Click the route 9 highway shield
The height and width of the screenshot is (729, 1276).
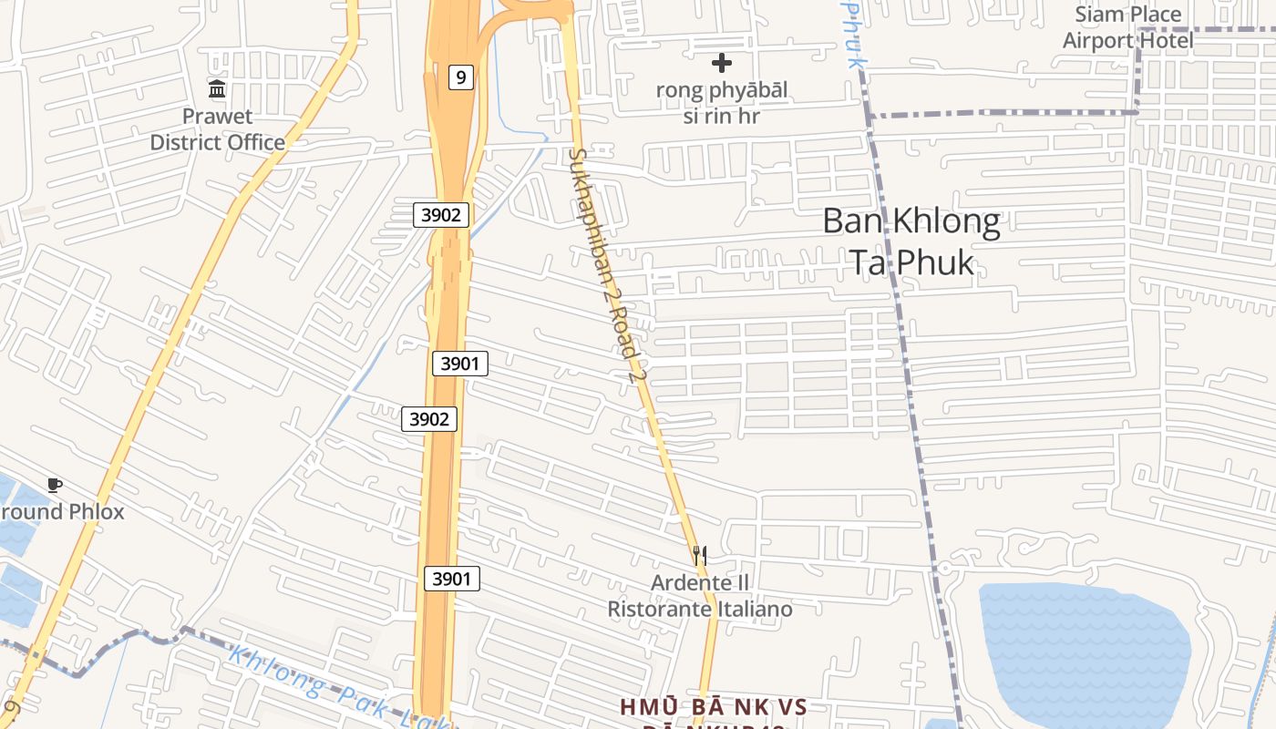pos(461,77)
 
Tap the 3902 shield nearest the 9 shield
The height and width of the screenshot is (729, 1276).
pos(441,215)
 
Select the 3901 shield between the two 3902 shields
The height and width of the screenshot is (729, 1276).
pos(459,364)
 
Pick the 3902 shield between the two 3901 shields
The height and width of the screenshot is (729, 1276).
pos(429,418)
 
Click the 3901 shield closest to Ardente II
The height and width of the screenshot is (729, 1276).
pos(451,578)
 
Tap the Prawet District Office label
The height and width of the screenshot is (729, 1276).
pos(217,129)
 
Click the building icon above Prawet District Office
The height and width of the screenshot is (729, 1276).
pos(217,89)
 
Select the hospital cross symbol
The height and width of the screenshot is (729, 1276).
pos(722,63)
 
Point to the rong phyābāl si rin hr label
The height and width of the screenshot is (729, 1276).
pos(722,103)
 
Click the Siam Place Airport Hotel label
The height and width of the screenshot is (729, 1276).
pos(1127,27)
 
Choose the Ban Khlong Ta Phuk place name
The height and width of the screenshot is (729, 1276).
pos(911,241)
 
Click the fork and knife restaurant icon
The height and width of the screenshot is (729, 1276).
pos(699,553)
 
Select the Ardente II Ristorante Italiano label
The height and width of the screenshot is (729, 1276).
pos(700,596)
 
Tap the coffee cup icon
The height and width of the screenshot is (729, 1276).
pos(55,485)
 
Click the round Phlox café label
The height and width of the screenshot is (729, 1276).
pos(62,511)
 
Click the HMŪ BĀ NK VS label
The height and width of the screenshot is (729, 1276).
pos(714,707)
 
